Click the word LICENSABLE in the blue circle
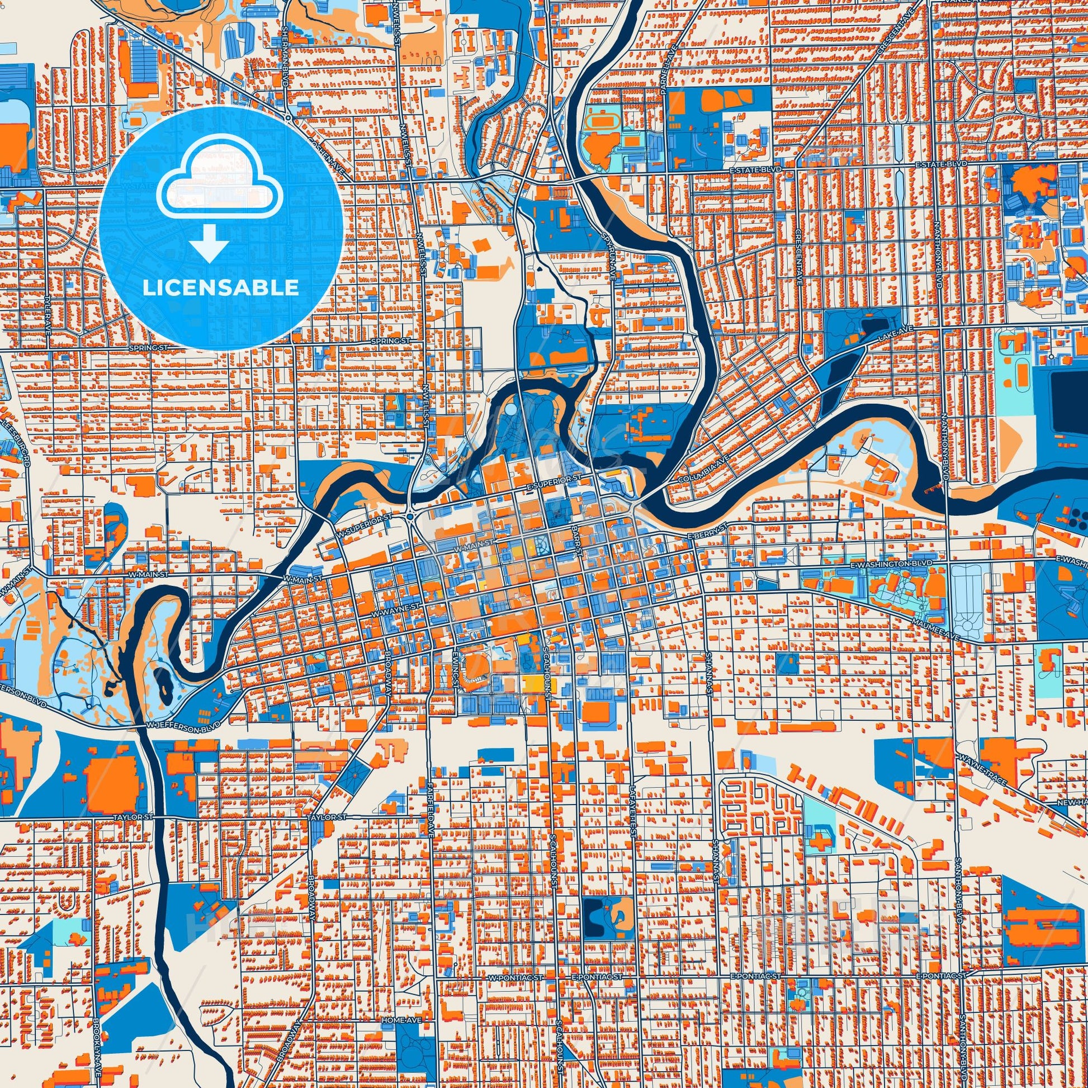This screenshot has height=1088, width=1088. [x=220, y=288]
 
